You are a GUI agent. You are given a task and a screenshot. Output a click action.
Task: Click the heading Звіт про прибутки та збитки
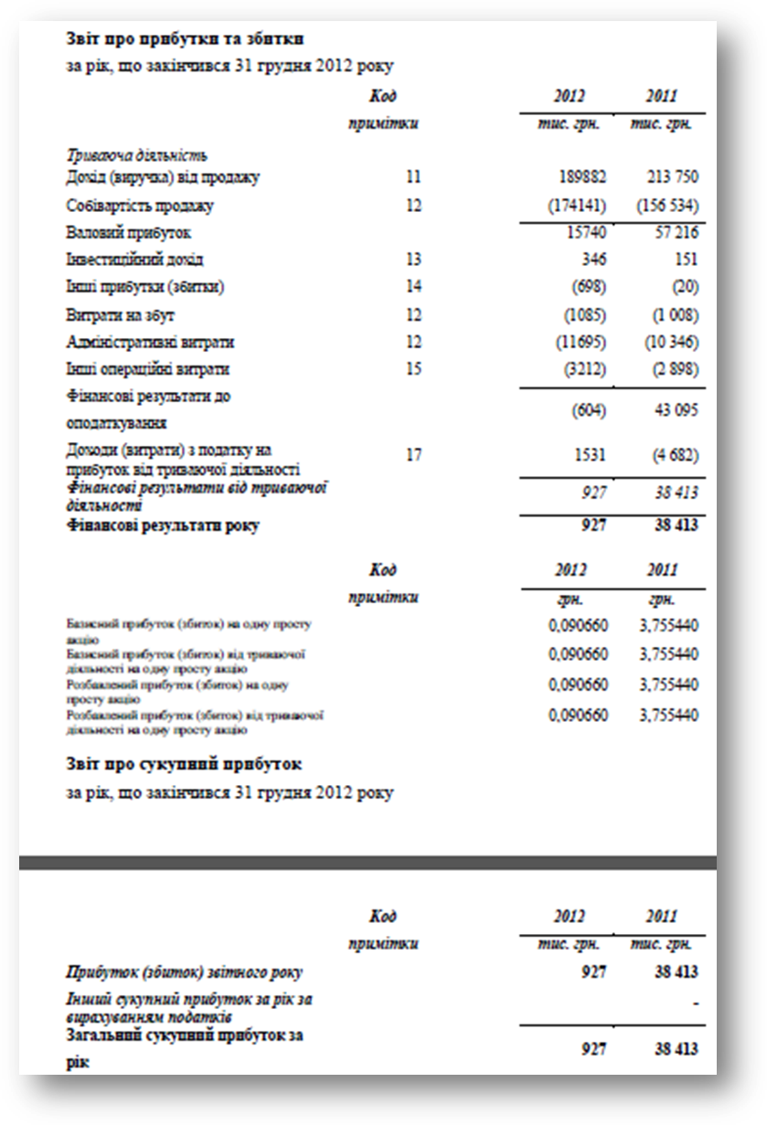[184, 38]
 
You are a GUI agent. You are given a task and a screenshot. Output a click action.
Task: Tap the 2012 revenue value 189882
[581, 177]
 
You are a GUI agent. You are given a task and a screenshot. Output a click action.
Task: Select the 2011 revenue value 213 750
[668, 177]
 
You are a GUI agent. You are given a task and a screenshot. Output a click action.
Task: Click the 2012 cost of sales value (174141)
[577, 206]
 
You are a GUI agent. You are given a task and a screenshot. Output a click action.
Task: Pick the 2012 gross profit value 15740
[586, 233]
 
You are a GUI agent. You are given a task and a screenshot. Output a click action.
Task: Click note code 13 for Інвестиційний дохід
[413, 260]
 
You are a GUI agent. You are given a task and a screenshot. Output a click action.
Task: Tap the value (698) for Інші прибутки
[589, 288]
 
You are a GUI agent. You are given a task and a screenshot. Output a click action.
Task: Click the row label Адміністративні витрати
[150, 343]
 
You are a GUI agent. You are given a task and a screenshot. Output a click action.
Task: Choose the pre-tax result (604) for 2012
[589, 411]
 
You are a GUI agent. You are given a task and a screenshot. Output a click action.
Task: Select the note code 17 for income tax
[413, 454]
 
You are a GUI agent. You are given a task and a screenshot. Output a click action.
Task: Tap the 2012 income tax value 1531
[590, 454]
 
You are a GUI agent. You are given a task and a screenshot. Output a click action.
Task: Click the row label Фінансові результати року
[162, 526]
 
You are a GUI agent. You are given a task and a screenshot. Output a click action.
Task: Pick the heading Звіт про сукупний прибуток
[184, 763]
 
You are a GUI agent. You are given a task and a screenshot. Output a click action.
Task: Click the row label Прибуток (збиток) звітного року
[184, 972]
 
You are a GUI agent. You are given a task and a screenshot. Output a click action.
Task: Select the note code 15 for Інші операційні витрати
[413, 370]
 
